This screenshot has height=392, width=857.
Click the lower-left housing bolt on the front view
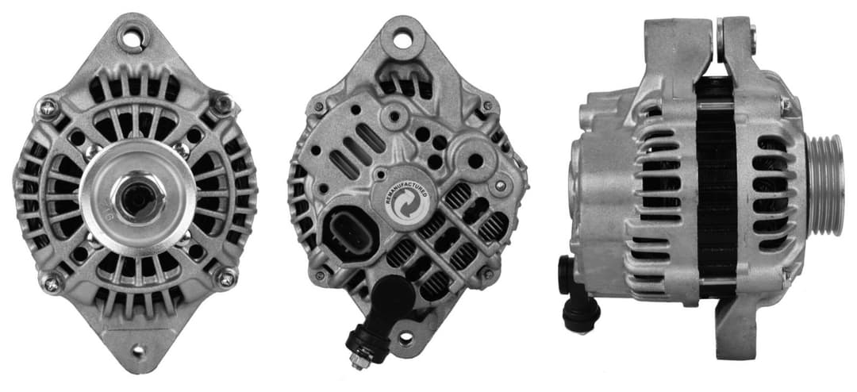click(52, 280)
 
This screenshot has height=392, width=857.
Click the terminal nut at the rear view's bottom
click(359, 361)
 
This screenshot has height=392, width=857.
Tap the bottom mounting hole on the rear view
click(406, 337)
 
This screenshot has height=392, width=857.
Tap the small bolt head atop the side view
click(751, 33)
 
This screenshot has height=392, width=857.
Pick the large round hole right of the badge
click(475, 161)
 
